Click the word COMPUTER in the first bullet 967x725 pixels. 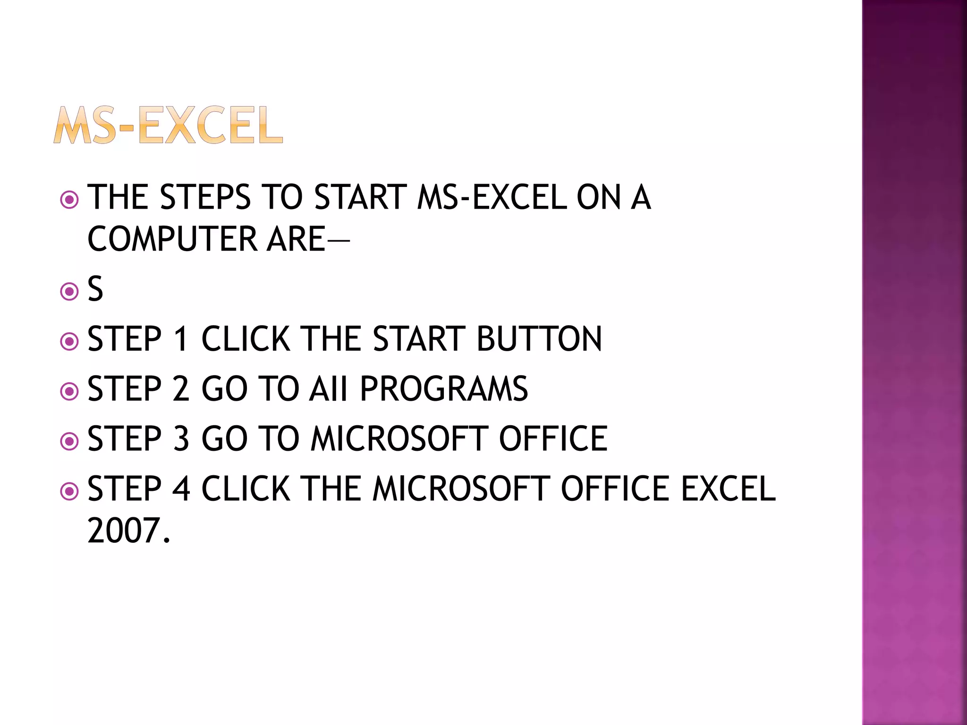coord(172,239)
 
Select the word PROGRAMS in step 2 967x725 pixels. coord(443,389)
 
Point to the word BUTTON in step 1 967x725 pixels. coord(539,339)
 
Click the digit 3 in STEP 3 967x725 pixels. coord(181,439)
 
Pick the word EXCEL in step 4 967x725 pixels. coord(728,489)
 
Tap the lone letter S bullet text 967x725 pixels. coord(95,289)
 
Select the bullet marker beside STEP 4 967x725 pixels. coord(69,491)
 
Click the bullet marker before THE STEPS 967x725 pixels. coord(69,200)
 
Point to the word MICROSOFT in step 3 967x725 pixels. coord(399,439)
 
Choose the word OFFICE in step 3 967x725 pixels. coord(553,439)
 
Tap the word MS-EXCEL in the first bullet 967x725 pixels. coord(492,197)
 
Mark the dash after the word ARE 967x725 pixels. coord(338,240)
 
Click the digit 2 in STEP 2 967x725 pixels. coord(181,389)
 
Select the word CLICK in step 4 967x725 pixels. coord(246,489)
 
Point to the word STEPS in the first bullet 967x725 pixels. coord(205,197)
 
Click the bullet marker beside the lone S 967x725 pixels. coord(69,291)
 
